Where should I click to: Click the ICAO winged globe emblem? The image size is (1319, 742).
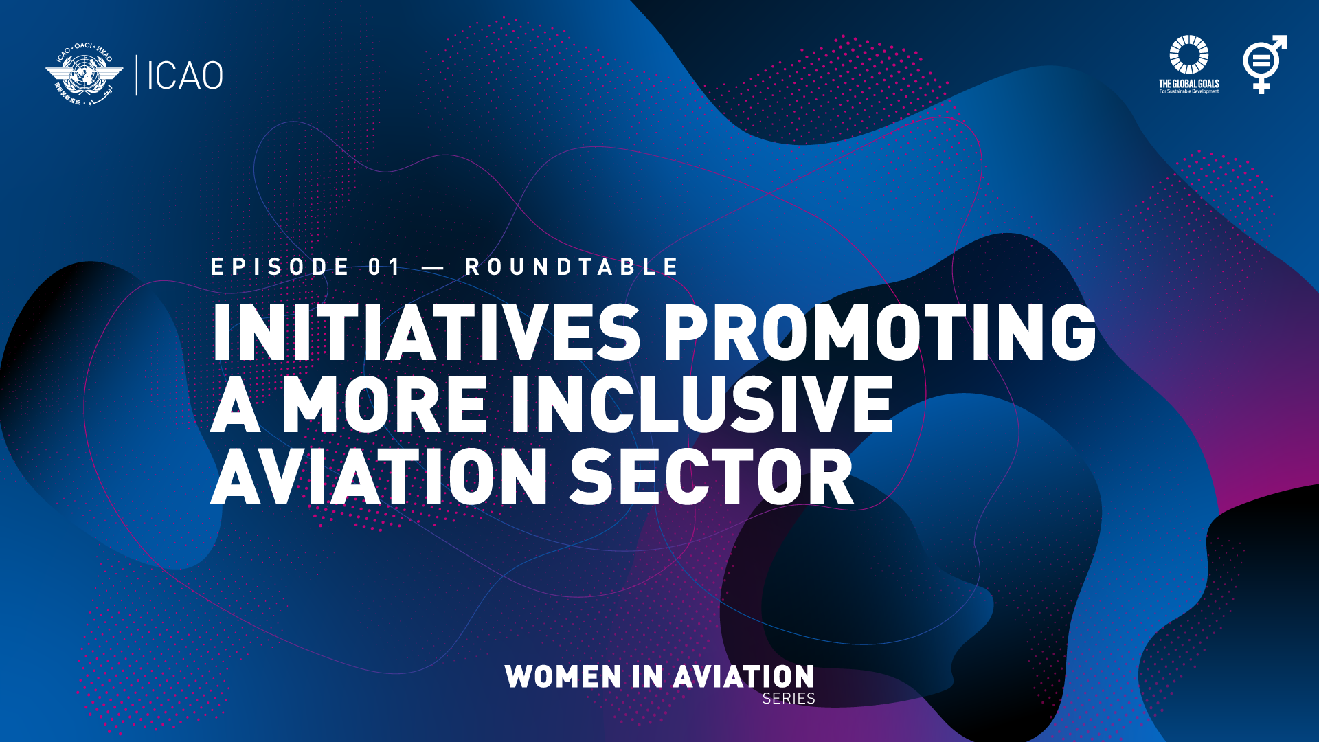coord(84,75)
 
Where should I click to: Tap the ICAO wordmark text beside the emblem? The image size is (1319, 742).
coord(185,76)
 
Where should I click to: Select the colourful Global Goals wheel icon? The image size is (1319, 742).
coord(1188,55)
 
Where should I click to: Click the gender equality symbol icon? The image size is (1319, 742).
coord(1263,64)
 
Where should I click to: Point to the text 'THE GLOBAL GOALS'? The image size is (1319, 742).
coord(1188,84)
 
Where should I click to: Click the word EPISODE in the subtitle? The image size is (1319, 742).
coord(280,267)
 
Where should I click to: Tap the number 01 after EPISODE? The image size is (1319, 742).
coord(385,267)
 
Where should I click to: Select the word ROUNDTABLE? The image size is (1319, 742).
coord(572,267)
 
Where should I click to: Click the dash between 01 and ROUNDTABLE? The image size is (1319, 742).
coord(433,268)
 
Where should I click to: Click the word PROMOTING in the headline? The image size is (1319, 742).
coord(879,333)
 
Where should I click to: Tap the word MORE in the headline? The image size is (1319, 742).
coord(385,405)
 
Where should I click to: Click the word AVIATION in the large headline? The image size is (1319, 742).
coord(379,477)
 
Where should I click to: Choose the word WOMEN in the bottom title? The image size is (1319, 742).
coord(563,677)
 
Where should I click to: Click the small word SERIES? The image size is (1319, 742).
coord(789,699)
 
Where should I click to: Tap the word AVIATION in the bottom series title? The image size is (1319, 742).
coord(743,677)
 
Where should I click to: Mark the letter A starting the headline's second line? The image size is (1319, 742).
coord(235,405)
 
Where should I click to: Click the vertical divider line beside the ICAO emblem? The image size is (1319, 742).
coord(136,75)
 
